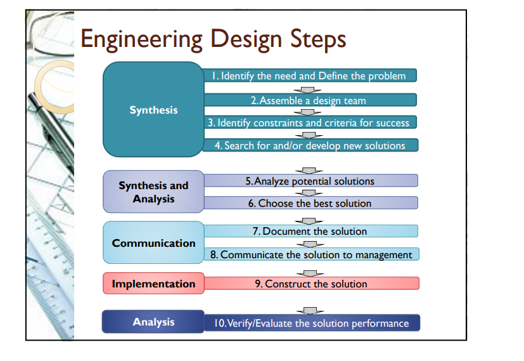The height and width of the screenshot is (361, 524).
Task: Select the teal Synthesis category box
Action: (x=153, y=110)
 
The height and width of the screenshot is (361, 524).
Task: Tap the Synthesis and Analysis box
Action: (x=153, y=192)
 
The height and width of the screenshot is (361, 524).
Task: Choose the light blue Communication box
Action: (x=153, y=243)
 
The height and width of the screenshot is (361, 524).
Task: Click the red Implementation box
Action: (x=153, y=284)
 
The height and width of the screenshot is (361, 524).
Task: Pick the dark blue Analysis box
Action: (x=153, y=322)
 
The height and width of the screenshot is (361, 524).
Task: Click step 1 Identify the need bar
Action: (x=309, y=75)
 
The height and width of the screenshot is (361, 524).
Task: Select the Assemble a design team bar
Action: (x=309, y=100)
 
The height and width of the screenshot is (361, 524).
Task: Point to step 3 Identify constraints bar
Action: (x=309, y=122)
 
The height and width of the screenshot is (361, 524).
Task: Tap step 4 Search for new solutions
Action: (x=309, y=145)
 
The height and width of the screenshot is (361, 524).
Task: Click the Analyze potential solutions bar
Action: (x=309, y=181)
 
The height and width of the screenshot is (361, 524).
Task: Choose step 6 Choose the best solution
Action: (x=309, y=203)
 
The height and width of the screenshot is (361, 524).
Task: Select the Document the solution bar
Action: (x=309, y=231)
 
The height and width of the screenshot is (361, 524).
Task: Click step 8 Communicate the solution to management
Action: (x=310, y=254)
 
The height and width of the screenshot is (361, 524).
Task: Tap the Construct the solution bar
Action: (x=310, y=284)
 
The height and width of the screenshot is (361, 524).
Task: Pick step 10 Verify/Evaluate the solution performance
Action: (x=310, y=323)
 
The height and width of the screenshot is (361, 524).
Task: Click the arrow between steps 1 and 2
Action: (x=309, y=89)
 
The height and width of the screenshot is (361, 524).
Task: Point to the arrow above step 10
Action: (x=309, y=310)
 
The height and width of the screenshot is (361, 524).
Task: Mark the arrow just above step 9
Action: (x=309, y=272)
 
